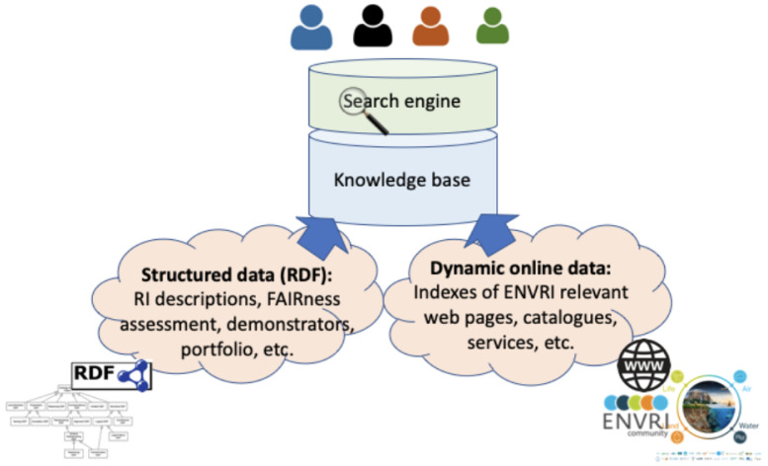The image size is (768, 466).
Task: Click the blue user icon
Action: tap(311, 29)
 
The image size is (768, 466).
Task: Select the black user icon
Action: tap(372, 29)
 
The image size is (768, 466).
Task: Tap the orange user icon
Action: tap(432, 29)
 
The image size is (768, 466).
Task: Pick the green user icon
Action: tap(491, 29)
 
